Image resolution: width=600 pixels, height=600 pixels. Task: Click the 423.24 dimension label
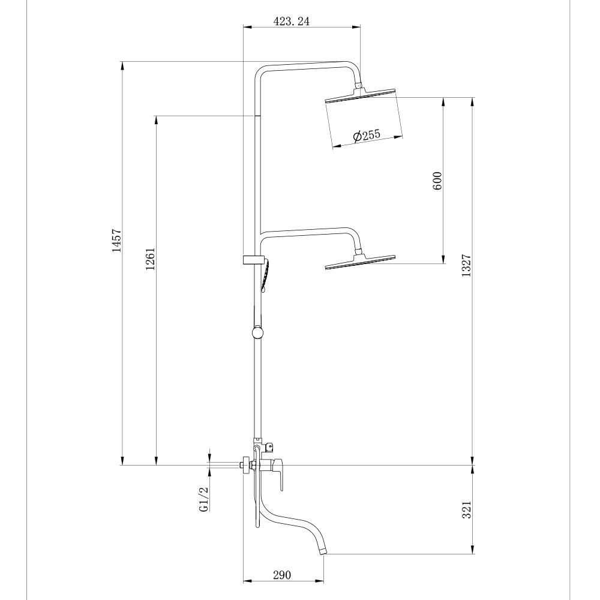coord(291,22)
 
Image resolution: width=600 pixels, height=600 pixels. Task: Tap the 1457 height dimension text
coord(116,241)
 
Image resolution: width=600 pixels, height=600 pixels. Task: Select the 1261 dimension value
coord(151,259)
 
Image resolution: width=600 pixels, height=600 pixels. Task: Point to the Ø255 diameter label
coord(367,136)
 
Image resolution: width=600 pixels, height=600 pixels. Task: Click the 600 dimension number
coord(437,181)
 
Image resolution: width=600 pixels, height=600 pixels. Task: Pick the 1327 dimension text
coord(466,266)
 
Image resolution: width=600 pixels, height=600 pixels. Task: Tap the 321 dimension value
coord(466,509)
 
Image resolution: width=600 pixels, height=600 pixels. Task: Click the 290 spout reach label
coord(282,575)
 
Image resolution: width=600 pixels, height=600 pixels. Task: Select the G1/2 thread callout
coord(203,499)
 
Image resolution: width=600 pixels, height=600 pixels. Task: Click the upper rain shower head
coord(360,95)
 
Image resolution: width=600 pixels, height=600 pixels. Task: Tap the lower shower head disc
coord(360,262)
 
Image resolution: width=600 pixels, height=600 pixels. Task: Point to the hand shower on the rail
coord(265,275)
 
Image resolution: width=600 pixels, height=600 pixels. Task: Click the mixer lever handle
coord(278,474)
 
